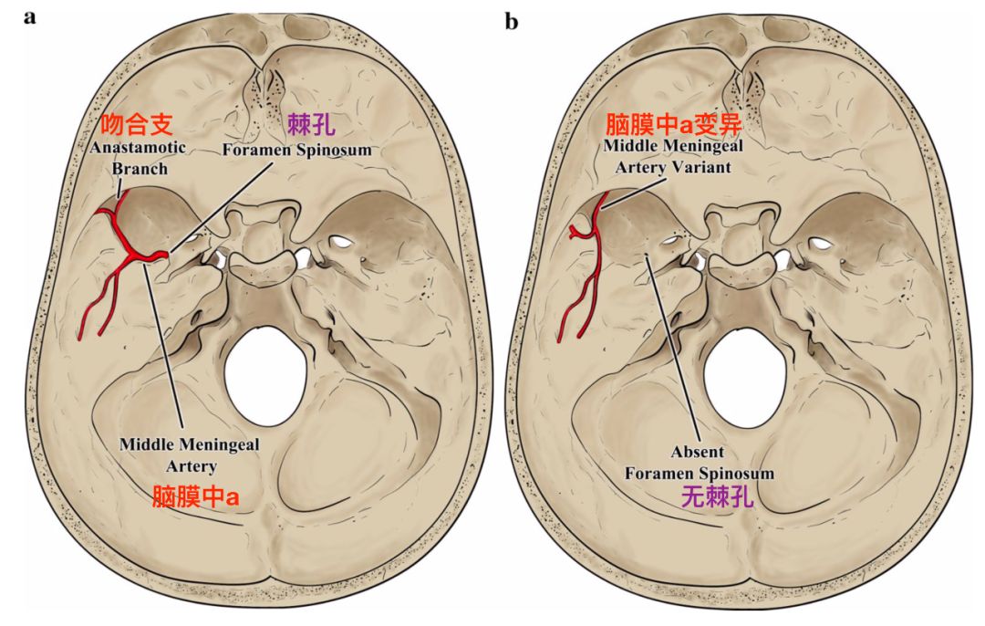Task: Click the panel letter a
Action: tap(29, 16)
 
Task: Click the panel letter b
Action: tap(511, 20)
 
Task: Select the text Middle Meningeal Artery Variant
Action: tap(672, 158)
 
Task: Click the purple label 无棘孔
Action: tap(700, 498)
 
